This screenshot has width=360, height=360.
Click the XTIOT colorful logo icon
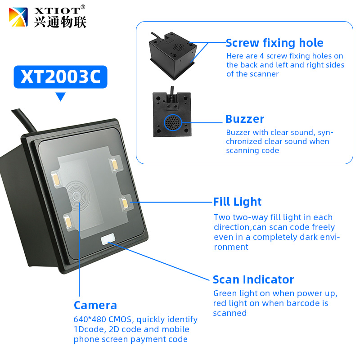click(x=18, y=17)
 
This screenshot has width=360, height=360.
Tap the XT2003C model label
click(x=61, y=77)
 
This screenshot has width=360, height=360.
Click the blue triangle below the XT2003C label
click(x=61, y=96)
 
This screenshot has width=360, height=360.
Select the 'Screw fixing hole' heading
click(x=274, y=43)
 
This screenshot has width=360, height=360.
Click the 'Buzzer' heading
click(x=245, y=119)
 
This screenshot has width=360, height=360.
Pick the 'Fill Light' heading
click(x=237, y=202)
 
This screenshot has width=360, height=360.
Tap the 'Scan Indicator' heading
click(x=253, y=279)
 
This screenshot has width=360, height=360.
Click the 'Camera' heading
click(x=95, y=306)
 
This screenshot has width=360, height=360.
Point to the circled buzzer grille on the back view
click(x=173, y=122)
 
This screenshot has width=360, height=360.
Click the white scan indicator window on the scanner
click(x=108, y=239)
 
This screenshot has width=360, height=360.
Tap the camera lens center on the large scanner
click(x=76, y=196)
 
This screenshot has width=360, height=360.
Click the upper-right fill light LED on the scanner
click(x=114, y=164)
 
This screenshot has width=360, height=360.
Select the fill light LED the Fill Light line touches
click(x=125, y=203)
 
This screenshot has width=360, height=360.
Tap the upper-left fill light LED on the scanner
click(x=56, y=179)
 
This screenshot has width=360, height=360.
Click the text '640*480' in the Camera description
click(x=90, y=319)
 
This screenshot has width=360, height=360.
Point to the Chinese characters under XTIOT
click(x=60, y=22)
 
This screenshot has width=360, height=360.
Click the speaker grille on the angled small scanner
click(x=178, y=47)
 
